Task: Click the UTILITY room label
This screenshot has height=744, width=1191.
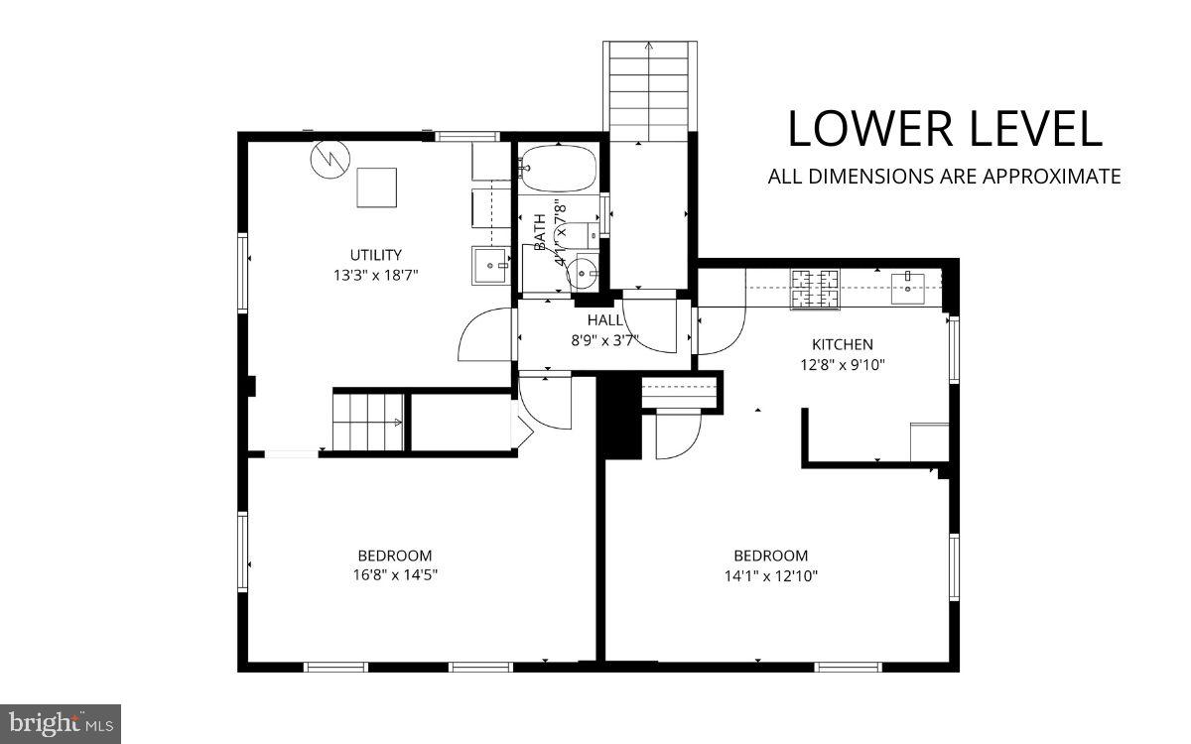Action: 375,255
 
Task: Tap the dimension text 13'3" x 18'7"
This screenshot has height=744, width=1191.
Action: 375,275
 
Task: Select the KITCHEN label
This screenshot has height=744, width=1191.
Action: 843,344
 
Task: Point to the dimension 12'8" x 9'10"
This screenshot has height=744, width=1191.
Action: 843,364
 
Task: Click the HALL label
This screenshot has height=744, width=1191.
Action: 605,320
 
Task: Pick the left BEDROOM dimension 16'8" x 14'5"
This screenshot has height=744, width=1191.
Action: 395,575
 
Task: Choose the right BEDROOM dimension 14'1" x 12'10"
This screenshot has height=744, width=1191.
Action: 770,575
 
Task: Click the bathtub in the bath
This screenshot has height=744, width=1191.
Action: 558,168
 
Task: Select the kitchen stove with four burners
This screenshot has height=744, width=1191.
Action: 815,289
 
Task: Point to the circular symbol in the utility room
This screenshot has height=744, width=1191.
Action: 328,159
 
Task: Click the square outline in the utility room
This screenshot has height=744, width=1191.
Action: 376,187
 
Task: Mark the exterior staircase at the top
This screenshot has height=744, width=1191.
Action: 650,89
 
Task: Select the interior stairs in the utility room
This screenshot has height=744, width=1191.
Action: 368,422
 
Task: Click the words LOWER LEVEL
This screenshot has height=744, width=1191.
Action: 944,130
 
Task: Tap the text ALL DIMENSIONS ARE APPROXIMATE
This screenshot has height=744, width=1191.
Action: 944,177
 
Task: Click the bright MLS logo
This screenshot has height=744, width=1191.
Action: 60,723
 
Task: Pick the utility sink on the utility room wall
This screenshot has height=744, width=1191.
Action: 489,264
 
